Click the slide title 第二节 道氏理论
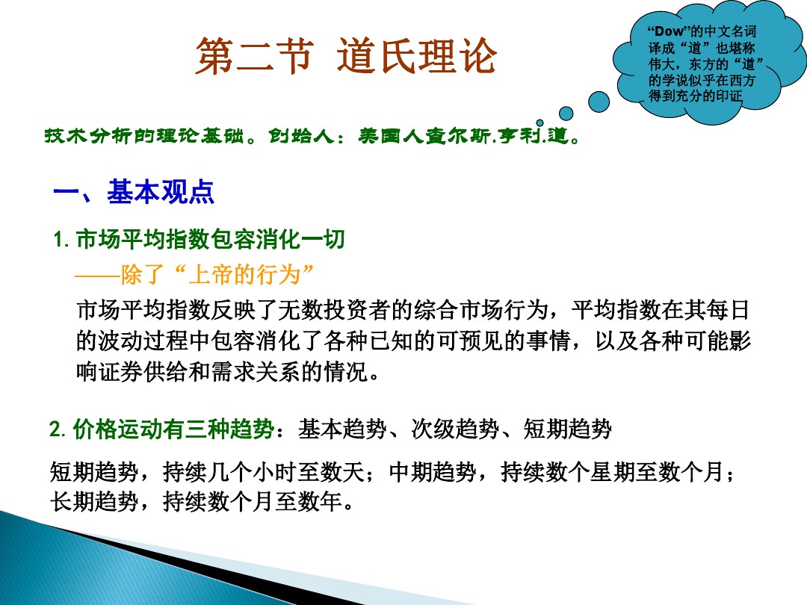click(345, 57)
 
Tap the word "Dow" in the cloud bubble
click(669, 31)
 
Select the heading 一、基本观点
click(134, 192)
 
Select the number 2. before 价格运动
click(58, 430)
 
